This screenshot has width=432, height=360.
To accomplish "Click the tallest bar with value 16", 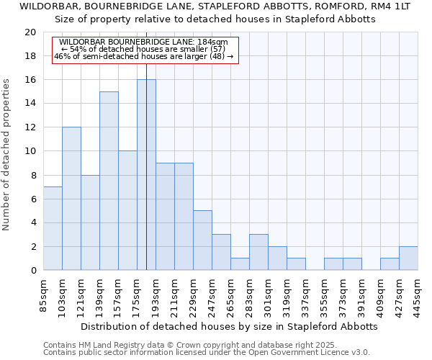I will (x=146, y=175).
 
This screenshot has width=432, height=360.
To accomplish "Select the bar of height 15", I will (x=109, y=181).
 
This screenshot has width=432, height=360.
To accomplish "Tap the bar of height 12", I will (x=71, y=199).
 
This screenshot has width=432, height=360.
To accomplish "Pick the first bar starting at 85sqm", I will (x=53, y=228).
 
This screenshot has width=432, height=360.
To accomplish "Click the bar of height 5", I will (x=202, y=240).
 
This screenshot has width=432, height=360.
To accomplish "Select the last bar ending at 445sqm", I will (x=408, y=258).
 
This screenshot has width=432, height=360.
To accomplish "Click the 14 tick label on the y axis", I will (x=30, y=104).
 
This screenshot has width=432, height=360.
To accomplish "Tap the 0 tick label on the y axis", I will (x=32, y=271).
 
